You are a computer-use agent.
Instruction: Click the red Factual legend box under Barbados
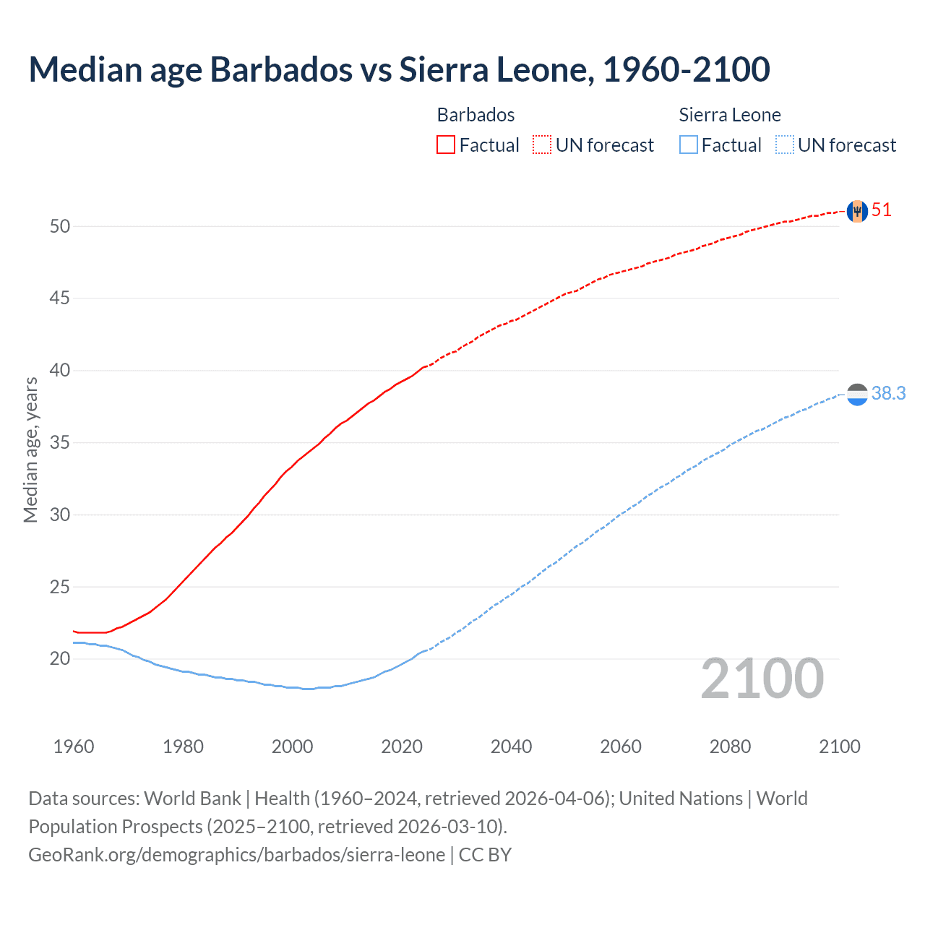446,145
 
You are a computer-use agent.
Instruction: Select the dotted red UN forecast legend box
542,145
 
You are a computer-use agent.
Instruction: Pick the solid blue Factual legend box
689,145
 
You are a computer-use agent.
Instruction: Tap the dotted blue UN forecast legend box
785,145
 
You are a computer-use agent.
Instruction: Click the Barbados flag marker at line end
857,211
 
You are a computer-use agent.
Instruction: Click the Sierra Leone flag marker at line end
857,394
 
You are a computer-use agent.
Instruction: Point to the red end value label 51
882,210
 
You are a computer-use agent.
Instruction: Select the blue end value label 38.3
888,393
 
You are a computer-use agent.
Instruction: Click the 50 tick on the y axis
60,226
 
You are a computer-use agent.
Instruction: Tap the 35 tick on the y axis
60,442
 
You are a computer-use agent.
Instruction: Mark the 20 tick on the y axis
60,658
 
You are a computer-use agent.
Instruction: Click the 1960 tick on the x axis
74,747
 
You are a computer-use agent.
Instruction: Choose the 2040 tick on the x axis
511,747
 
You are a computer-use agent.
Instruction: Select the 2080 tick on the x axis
730,747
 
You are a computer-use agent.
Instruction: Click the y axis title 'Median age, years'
30,449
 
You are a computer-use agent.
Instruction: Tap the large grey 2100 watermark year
762,679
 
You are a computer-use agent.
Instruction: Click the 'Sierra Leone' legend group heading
730,115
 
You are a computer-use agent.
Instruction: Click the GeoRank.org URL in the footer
236,855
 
